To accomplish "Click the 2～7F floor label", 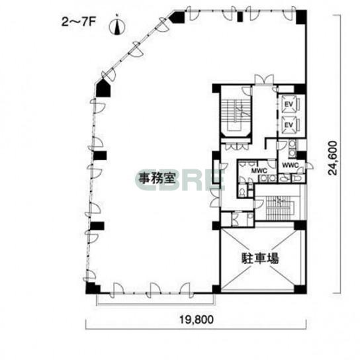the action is pos(78,22).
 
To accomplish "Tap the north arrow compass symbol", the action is pos(117,26).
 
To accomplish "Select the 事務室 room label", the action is pos(157,177).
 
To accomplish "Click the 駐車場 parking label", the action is pos(260,258).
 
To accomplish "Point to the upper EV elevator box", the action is pos(289,105).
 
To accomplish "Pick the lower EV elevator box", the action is pos(289,124).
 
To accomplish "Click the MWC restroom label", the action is pos(259,171).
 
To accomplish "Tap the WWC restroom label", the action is pos(291,165).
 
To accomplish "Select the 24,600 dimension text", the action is pos(333,158).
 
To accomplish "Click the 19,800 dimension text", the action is pos(197,320).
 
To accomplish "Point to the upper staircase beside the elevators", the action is pos(236,113).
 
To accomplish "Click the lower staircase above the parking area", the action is pos(279,208).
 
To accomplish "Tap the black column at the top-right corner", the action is pos(301,17).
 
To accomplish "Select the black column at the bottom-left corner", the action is pos(92,288).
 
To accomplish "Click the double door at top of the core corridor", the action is pos(264,79).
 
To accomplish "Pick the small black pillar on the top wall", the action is pos(240,17).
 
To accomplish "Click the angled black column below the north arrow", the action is pos(177,17).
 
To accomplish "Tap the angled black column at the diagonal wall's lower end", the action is pos(103,88).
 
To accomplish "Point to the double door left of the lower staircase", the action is pos(215,198).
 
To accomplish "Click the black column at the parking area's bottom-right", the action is pos(300,289).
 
